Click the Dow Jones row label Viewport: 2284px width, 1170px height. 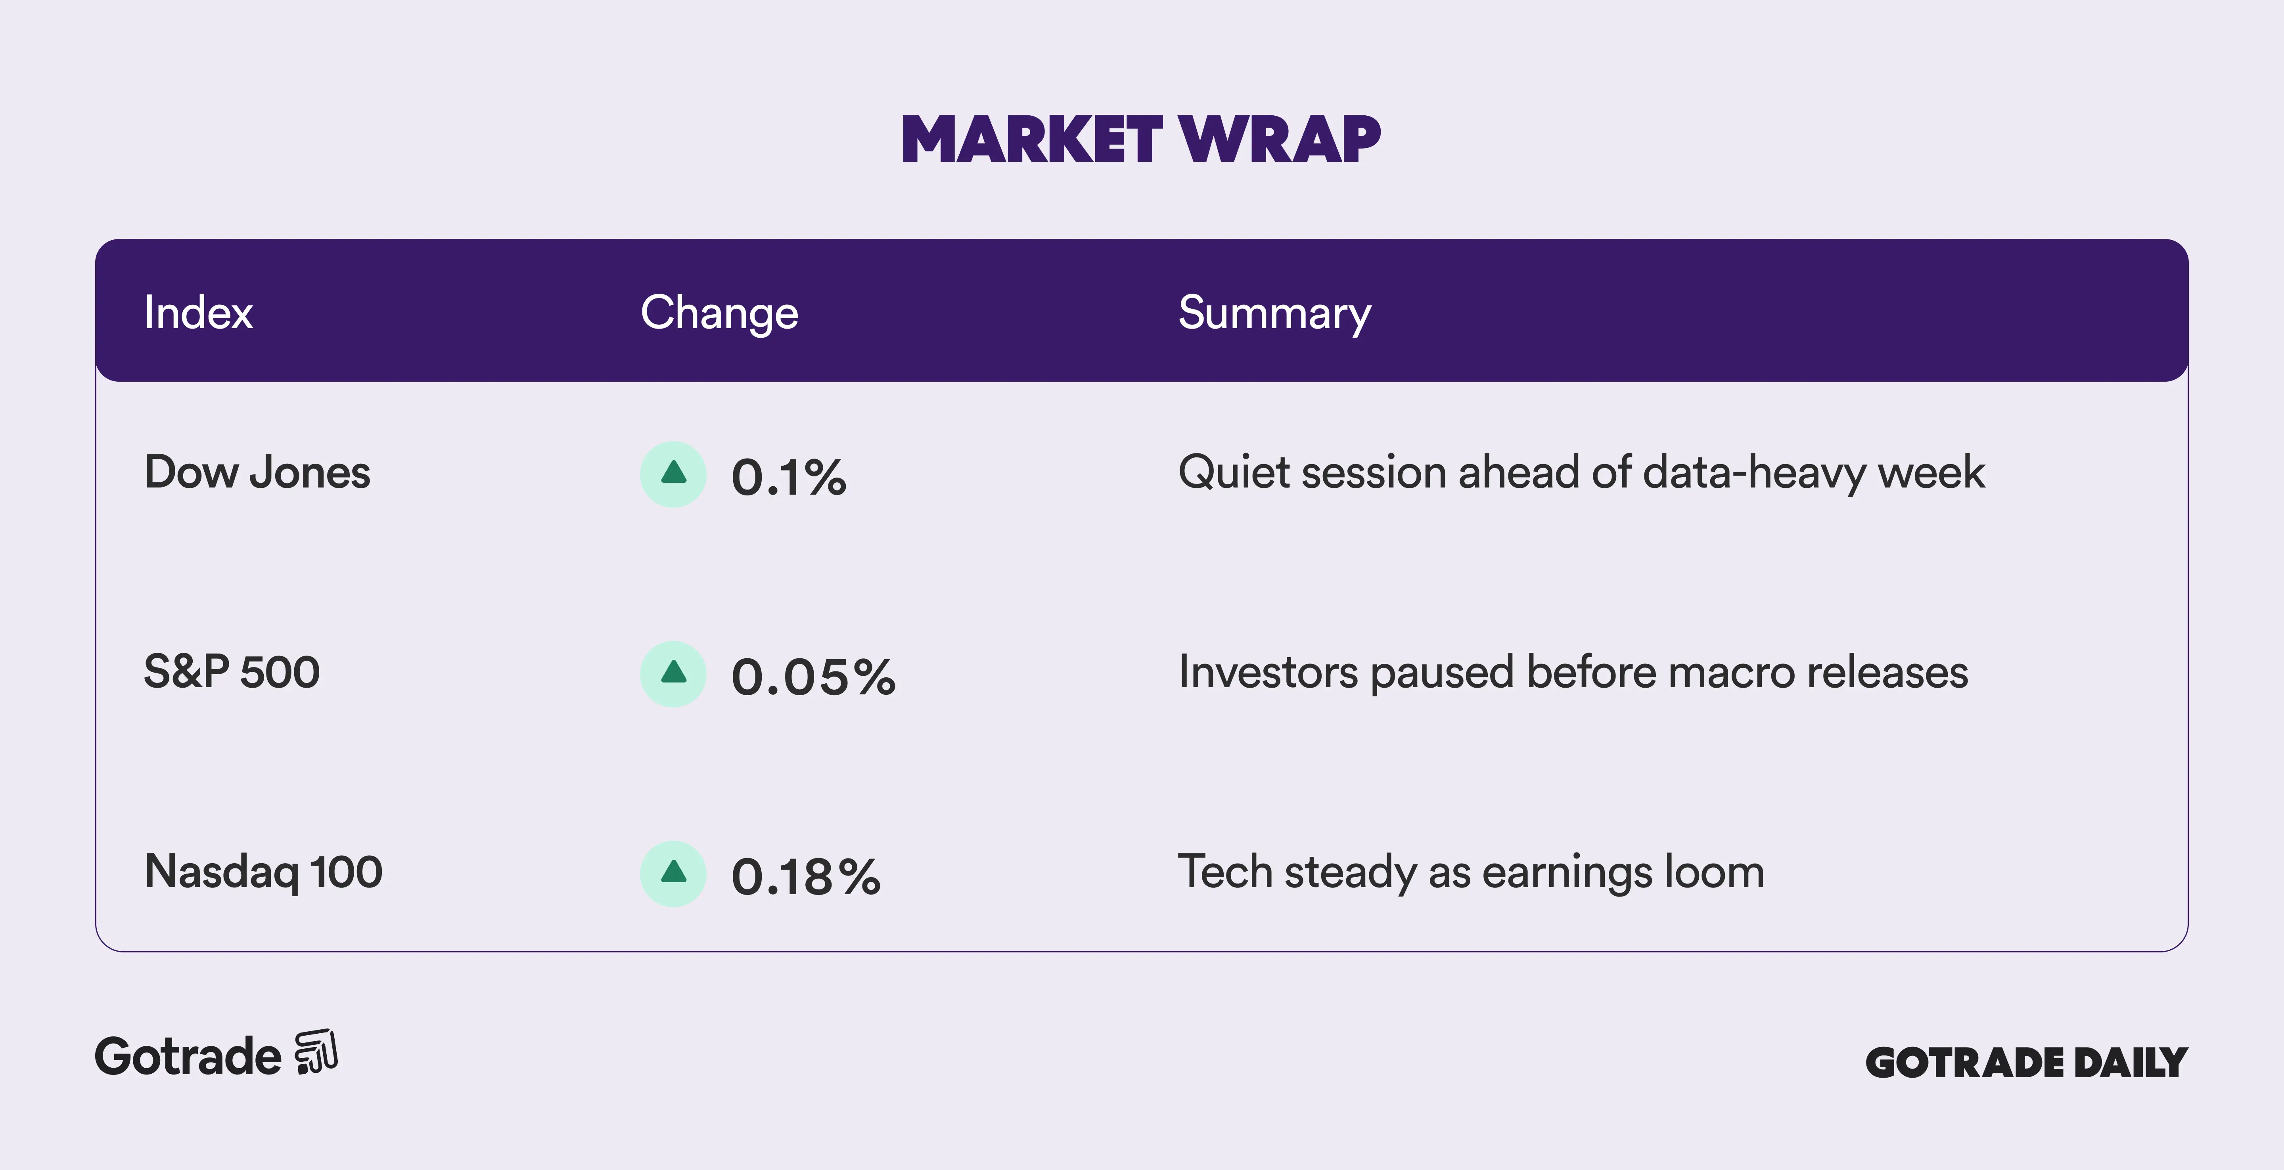(257, 472)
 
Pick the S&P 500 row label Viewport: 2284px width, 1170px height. (232, 671)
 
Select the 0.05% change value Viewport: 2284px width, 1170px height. (813, 677)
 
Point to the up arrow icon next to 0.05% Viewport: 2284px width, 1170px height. (674, 673)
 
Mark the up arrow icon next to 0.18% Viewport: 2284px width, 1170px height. (674, 872)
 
